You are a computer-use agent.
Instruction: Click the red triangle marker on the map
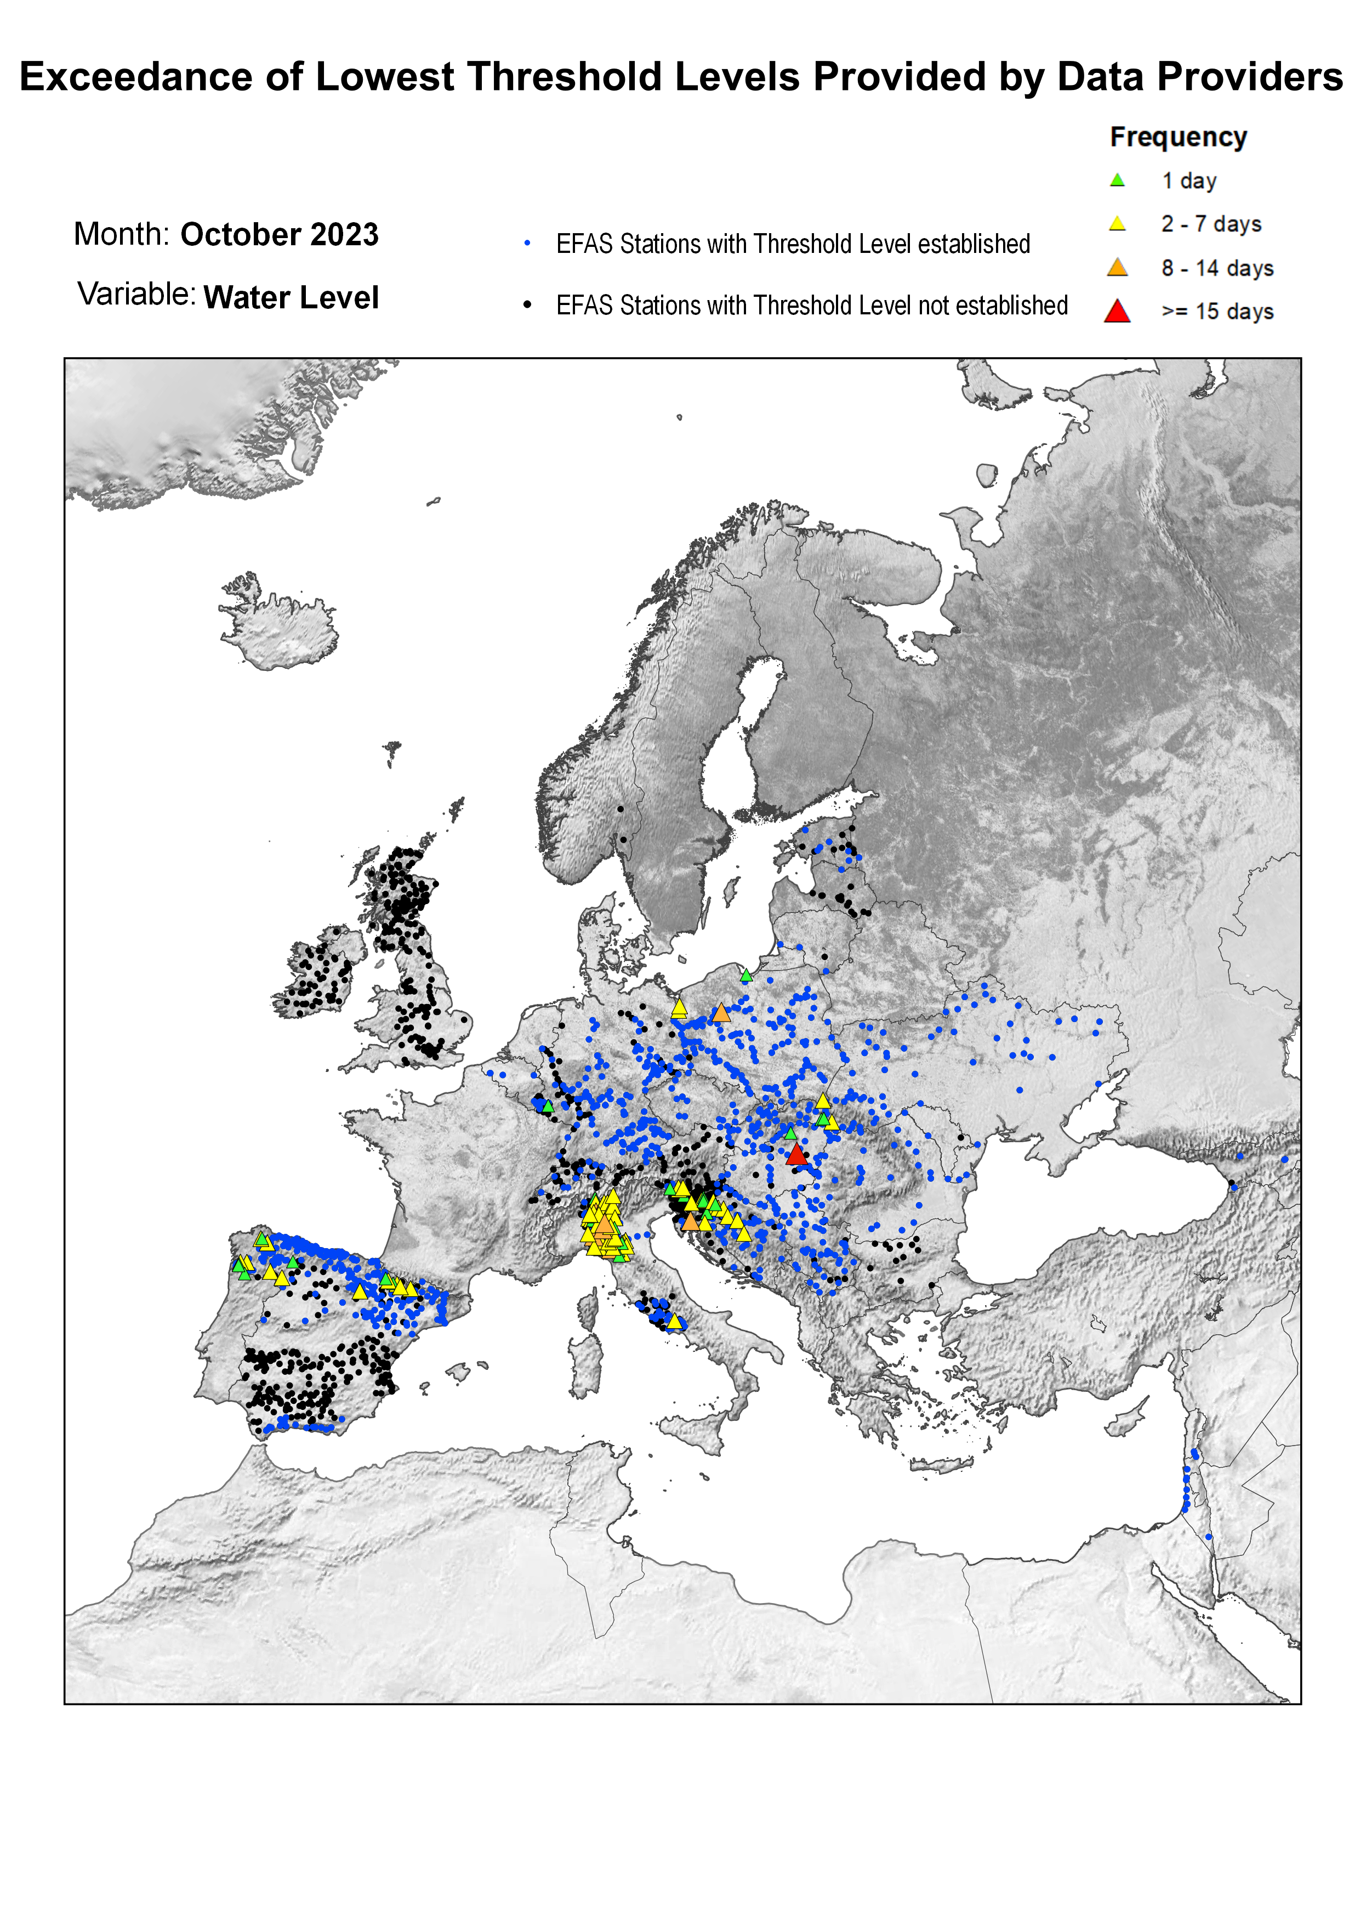796,1155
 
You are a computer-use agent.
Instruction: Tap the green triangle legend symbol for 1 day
1117,180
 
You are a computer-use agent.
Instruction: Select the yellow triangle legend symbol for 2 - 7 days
1117,224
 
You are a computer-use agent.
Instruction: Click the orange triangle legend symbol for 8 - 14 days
1117,268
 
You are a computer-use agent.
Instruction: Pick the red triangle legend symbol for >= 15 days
1117,312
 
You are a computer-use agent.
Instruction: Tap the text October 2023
279,235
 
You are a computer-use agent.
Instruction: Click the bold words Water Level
291,298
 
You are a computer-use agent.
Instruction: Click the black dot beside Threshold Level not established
527,304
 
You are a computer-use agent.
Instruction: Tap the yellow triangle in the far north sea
679,417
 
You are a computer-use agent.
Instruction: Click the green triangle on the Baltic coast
746,975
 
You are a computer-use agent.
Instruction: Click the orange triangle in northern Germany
721,1013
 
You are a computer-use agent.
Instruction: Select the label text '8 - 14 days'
1217,268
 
